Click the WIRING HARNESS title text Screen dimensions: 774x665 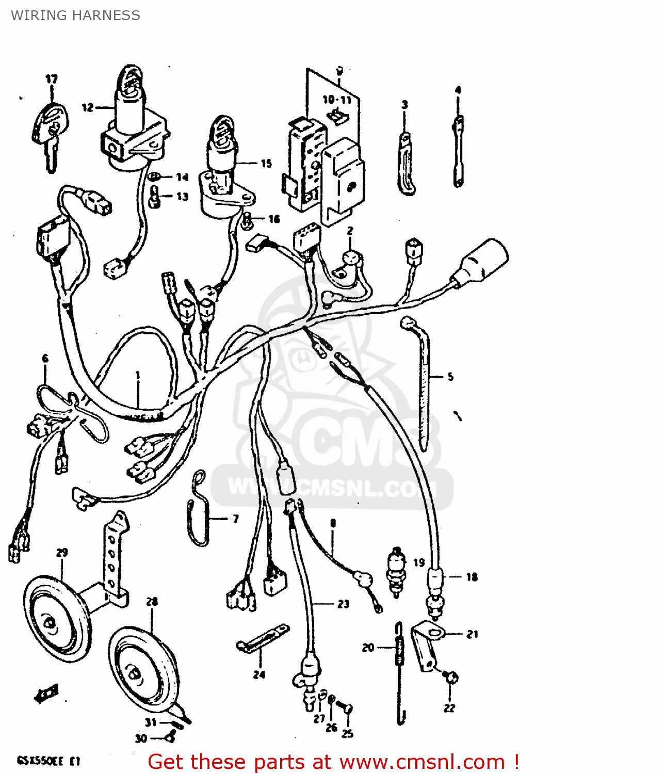pos(75,15)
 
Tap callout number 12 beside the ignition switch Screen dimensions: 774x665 pos(88,107)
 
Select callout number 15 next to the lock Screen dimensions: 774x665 pos(266,164)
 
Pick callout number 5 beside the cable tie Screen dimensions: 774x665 pos(450,377)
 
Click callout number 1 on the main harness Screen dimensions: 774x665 pos(138,375)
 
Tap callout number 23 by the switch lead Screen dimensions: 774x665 pos(344,604)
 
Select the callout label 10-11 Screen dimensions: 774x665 pos(337,100)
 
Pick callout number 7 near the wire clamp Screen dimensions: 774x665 pos(236,519)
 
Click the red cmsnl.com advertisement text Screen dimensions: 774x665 pos(333,762)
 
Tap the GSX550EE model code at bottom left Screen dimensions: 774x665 pos(47,761)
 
